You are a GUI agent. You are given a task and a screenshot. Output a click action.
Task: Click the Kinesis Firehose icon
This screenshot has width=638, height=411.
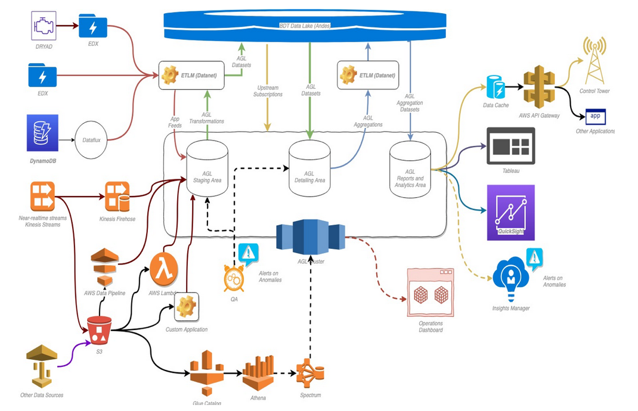click(x=117, y=197)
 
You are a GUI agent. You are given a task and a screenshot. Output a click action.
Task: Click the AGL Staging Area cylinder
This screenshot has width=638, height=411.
click(x=207, y=166)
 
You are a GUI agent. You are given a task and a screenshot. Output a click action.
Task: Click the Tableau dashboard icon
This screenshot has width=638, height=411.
click(x=511, y=146)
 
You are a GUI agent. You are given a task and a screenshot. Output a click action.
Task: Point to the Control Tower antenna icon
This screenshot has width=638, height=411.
click(x=594, y=60)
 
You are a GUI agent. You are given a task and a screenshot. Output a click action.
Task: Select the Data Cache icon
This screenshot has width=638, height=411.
click(x=496, y=87)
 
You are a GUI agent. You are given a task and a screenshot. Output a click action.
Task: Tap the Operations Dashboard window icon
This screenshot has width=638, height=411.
click(x=430, y=292)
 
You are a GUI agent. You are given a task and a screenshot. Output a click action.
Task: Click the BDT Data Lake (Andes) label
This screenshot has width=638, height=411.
click(x=305, y=26)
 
